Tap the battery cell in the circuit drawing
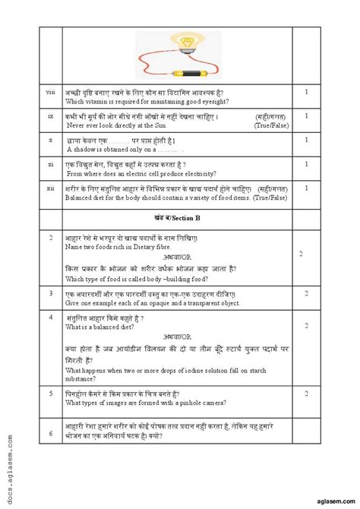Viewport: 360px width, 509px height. click(x=183, y=74)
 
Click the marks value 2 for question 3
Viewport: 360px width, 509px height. click(x=305, y=292)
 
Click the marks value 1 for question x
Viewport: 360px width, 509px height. click(x=305, y=140)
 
